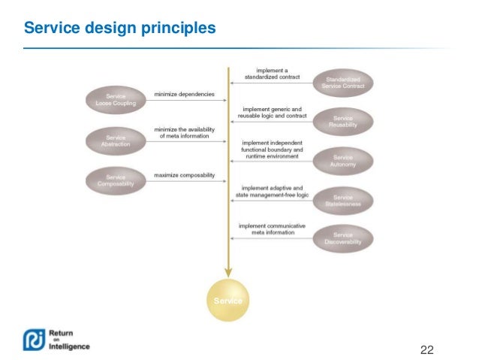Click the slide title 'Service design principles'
click(120, 29)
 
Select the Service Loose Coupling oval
click(116, 100)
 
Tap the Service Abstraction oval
click(116, 141)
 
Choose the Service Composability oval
click(116, 181)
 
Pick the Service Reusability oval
click(343, 121)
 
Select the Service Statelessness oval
click(343, 199)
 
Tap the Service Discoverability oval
click(343, 238)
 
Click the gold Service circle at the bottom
click(227, 300)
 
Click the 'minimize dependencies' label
click(184, 95)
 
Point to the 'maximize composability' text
click(185, 175)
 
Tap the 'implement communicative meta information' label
click(268, 229)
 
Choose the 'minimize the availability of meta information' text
click(184, 132)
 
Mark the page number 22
click(427, 349)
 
